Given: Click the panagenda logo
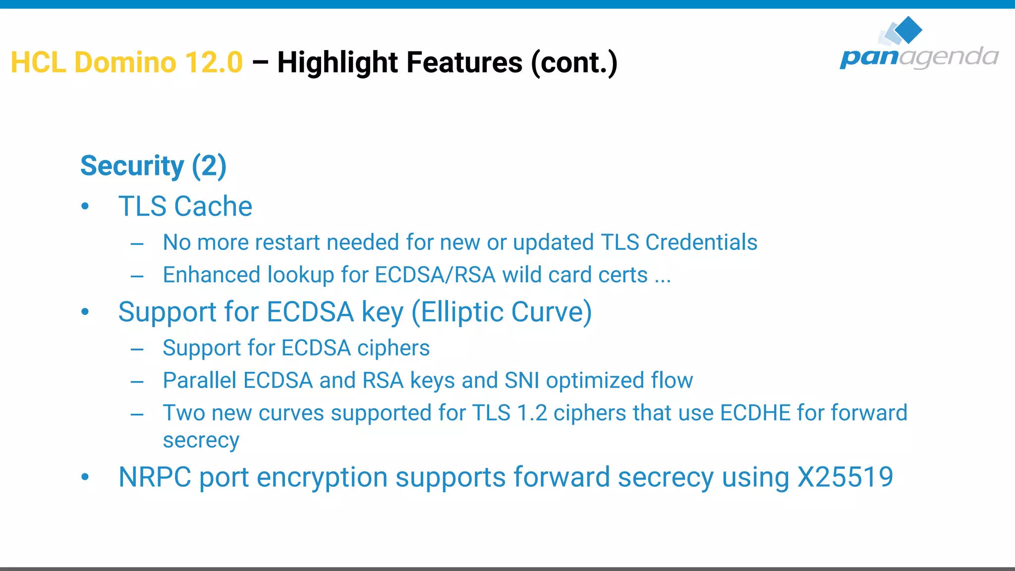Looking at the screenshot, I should pos(919,45).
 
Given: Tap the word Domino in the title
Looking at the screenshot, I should pos(125,62).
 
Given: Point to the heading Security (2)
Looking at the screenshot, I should pos(153,166).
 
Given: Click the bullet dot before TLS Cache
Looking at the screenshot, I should pos(85,206).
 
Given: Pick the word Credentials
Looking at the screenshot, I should pos(701,242).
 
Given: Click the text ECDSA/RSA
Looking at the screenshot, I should pos(435,275).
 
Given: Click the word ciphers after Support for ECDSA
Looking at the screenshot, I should pos(394,348).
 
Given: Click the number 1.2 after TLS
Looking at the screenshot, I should pos(532,413).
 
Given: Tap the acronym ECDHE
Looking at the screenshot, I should pos(755,413).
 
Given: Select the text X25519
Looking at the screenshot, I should pos(845,477).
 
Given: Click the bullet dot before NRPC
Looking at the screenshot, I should pos(85,477).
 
